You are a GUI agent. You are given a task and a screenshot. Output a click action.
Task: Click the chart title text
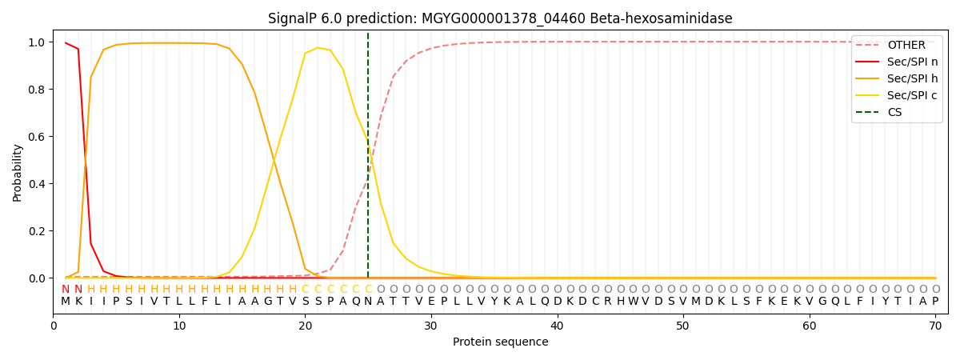pyautogui.click(x=500, y=18)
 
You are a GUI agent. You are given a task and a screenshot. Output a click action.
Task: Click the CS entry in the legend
pyautogui.click(x=894, y=113)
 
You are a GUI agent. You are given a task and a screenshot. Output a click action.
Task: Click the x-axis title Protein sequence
pyautogui.click(x=500, y=342)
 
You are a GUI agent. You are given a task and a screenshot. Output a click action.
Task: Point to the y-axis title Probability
pyautogui.click(x=18, y=172)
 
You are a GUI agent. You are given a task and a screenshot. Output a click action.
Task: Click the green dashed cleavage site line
pyautogui.click(x=368, y=160)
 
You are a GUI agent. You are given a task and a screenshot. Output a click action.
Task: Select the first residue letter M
pyautogui.click(x=66, y=302)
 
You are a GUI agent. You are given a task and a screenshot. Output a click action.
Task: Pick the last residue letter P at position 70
pyautogui.click(x=935, y=302)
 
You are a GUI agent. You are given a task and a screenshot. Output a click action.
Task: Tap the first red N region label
pyautogui.click(x=66, y=290)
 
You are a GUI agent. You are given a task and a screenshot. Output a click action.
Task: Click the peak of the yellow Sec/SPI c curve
pyautogui.click(x=318, y=48)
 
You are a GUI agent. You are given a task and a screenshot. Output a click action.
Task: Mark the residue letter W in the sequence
pyautogui.click(x=633, y=302)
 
